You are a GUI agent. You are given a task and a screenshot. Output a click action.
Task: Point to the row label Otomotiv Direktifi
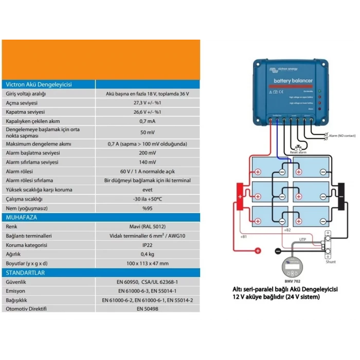click(x=26, y=309)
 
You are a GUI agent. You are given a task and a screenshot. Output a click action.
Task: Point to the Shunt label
click(x=331, y=262)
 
